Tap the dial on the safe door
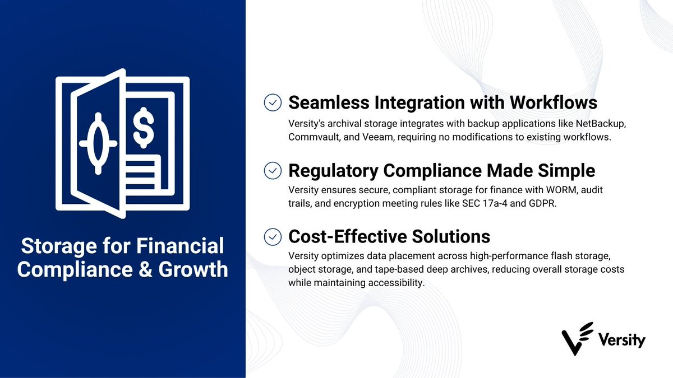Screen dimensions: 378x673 coord(98,143)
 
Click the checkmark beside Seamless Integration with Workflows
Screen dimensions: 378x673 coord(273,103)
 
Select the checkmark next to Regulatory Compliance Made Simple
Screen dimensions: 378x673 coord(273,170)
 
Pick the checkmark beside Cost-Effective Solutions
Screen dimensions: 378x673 coord(273,237)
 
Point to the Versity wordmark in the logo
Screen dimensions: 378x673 coord(621,340)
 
